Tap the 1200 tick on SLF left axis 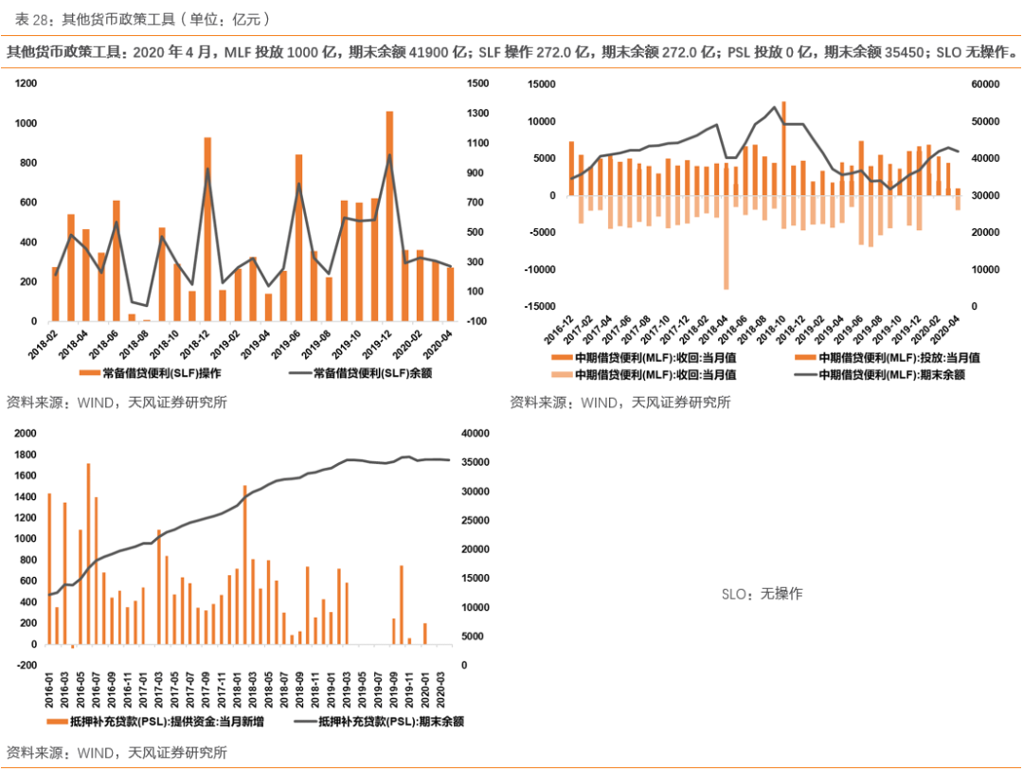click(27, 84)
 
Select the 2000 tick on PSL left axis click(24, 434)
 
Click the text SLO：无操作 click(762, 594)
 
